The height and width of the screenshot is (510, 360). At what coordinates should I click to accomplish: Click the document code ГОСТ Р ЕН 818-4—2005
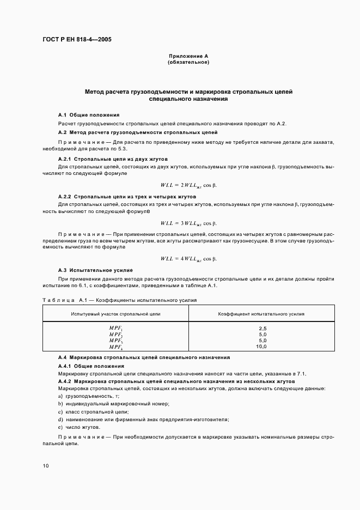[78, 40]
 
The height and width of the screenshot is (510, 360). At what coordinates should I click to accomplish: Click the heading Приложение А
[188, 56]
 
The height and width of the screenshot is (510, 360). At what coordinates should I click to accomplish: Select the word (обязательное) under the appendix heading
[188, 62]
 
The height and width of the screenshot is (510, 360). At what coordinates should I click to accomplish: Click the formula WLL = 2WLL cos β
[188, 185]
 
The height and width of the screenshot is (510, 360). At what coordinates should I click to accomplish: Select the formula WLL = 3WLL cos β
[188, 223]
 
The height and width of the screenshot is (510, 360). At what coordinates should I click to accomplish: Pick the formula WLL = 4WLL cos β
[188, 258]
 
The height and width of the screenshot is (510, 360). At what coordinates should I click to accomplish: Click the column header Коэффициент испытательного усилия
[261, 314]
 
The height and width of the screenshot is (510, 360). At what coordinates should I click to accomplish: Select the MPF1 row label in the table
[115, 328]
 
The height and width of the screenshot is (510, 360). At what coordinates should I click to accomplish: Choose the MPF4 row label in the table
[115, 347]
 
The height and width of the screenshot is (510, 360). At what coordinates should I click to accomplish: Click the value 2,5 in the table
[262, 328]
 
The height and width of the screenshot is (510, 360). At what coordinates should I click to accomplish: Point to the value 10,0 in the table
[261, 347]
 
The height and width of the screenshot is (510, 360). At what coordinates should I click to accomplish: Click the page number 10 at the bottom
[45, 466]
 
